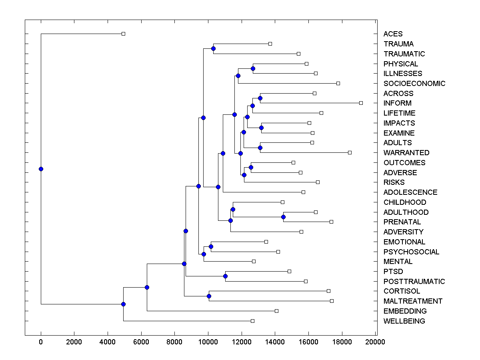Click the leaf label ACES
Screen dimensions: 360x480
tap(393, 34)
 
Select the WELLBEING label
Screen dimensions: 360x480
tap(404, 321)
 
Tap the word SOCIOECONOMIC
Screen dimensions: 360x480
tap(414, 84)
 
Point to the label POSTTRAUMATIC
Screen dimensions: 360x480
tap(414, 282)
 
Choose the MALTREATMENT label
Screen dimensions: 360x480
tap(413, 301)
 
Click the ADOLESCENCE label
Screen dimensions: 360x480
tap(410, 192)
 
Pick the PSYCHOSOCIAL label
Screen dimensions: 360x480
tap(411, 252)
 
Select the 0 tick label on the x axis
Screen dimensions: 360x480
tap(41, 342)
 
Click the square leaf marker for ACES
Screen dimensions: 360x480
tap(123, 34)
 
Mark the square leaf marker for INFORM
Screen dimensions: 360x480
tap(361, 103)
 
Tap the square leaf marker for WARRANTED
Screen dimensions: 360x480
tap(350, 152)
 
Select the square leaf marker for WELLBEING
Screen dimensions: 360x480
tap(252, 321)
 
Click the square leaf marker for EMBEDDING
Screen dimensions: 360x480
tap(276, 311)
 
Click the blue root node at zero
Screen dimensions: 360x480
tap(41, 169)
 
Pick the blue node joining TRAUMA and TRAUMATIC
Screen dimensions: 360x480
tap(213, 48)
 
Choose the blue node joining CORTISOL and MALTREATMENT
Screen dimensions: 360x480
tap(209, 296)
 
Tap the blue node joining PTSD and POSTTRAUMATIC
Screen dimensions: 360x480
tap(225, 276)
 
